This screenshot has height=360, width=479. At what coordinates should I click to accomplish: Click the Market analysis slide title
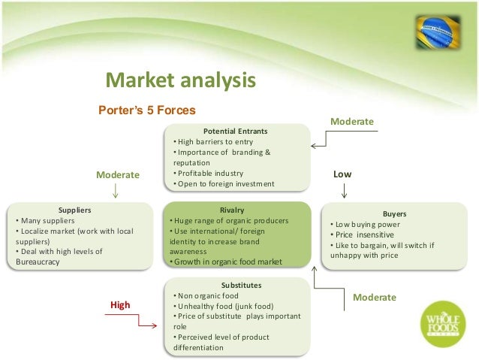180,80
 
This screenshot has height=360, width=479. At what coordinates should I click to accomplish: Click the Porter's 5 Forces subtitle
147,110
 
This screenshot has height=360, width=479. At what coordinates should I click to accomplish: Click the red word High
120,305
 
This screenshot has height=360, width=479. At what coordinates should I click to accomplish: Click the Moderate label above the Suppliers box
118,175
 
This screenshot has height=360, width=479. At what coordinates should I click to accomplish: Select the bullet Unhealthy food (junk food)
225,306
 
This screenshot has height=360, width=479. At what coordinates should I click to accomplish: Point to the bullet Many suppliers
46,220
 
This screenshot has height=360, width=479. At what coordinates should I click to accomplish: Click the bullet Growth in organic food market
225,262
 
